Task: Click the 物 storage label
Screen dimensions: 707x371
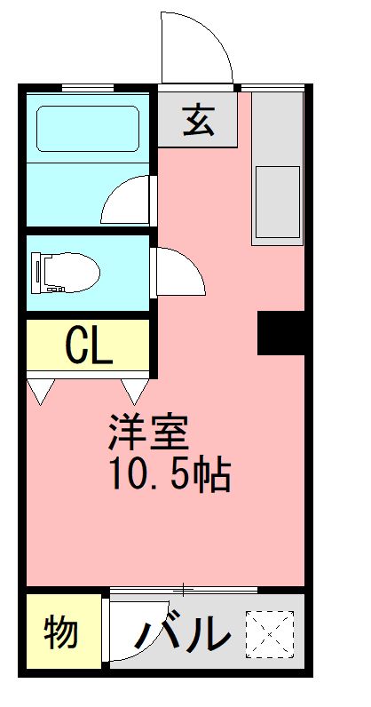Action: [x=60, y=633]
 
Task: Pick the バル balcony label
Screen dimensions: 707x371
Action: [x=189, y=633]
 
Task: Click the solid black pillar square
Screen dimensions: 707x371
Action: [x=281, y=332]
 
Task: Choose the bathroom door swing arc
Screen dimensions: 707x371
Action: [x=127, y=200]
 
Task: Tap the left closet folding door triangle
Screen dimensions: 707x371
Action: [x=41, y=391]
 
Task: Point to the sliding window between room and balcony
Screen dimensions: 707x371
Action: [x=184, y=589]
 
